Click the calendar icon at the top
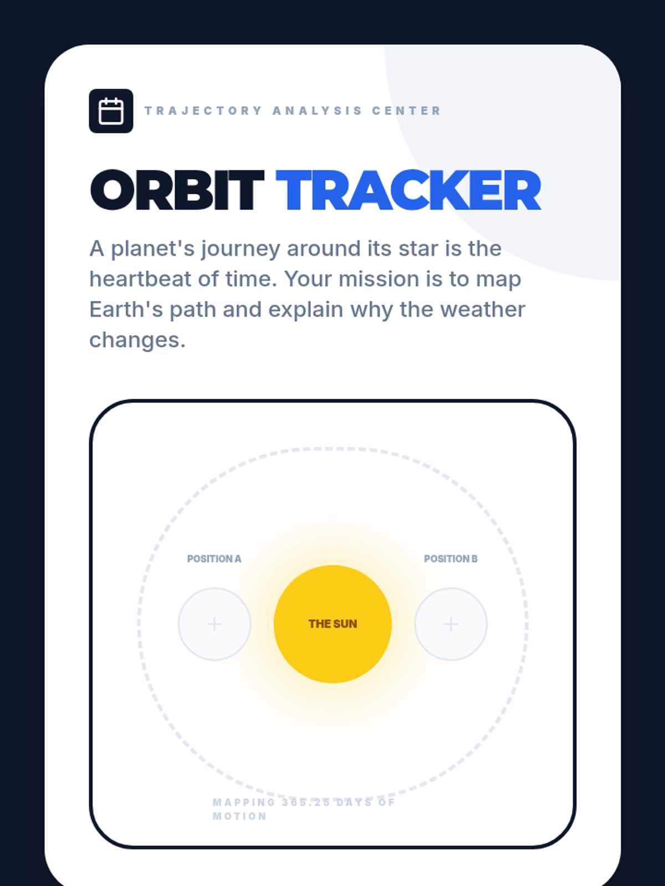pos(111,111)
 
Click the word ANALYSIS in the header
pos(317,111)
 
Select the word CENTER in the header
pos(406,111)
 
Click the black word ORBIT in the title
pos(177,190)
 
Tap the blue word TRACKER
pos(408,190)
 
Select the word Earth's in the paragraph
pos(126,310)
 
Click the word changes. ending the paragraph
pos(137,341)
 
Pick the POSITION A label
pos(214,559)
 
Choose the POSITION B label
pos(451,559)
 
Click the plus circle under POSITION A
pos(214,624)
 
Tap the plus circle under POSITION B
pos(451,624)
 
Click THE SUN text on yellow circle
pos(332,624)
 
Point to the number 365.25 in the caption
pos(306,802)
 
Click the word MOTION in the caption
pos(240,816)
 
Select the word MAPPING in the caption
pos(244,802)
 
